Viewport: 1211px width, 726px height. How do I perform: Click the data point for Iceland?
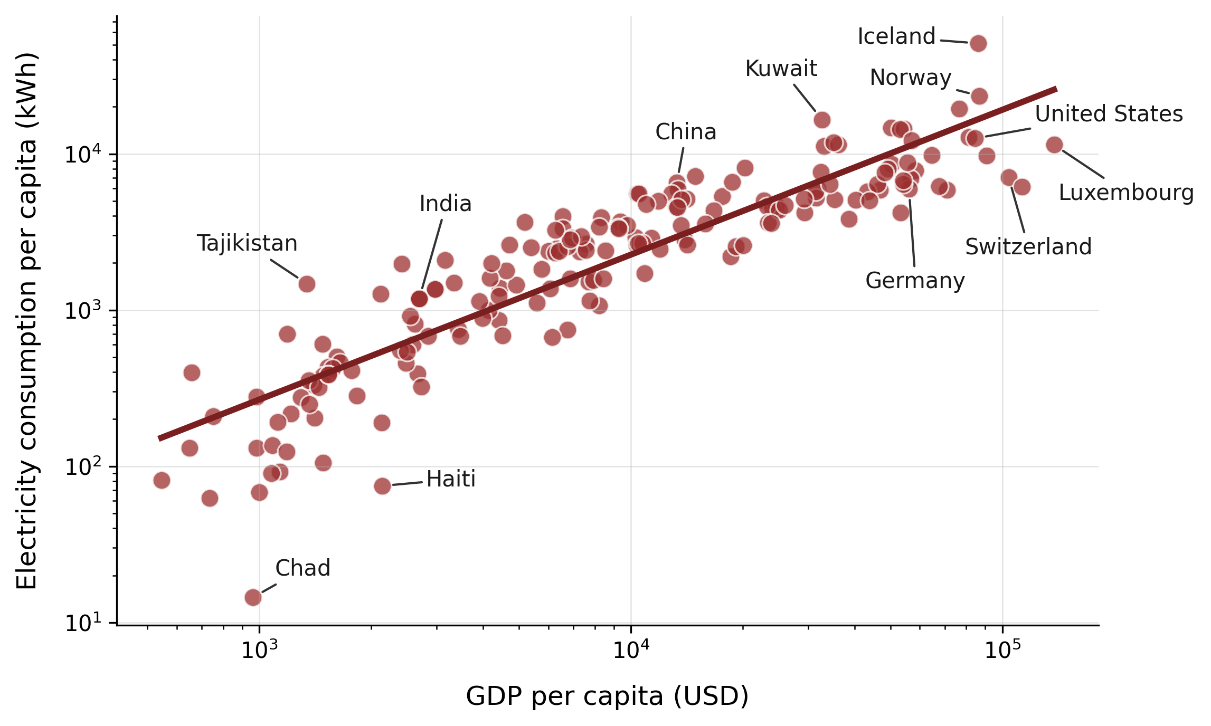point(978,43)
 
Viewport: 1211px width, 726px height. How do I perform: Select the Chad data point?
point(253,597)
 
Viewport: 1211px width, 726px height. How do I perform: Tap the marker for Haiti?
point(383,486)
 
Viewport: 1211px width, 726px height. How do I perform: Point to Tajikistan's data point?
point(307,284)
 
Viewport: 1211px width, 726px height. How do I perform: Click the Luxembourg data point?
point(1054,145)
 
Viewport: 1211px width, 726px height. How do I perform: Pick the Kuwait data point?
point(822,120)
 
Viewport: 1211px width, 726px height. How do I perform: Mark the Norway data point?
point(979,96)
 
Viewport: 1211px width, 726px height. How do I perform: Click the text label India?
point(445,204)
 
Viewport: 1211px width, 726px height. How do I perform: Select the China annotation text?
point(685,132)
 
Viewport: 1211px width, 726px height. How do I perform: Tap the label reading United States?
point(1109,114)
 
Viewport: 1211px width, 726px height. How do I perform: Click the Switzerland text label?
point(1028,247)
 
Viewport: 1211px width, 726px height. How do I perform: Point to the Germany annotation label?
point(914,281)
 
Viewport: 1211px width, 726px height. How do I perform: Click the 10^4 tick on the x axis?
point(631,651)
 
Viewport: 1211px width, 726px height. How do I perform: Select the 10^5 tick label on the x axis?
point(1002,651)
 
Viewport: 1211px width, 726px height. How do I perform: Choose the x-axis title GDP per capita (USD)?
point(607,696)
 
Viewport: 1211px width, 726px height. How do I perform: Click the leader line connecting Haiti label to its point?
point(407,483)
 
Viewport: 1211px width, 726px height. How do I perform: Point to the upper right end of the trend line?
point(1056,89)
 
